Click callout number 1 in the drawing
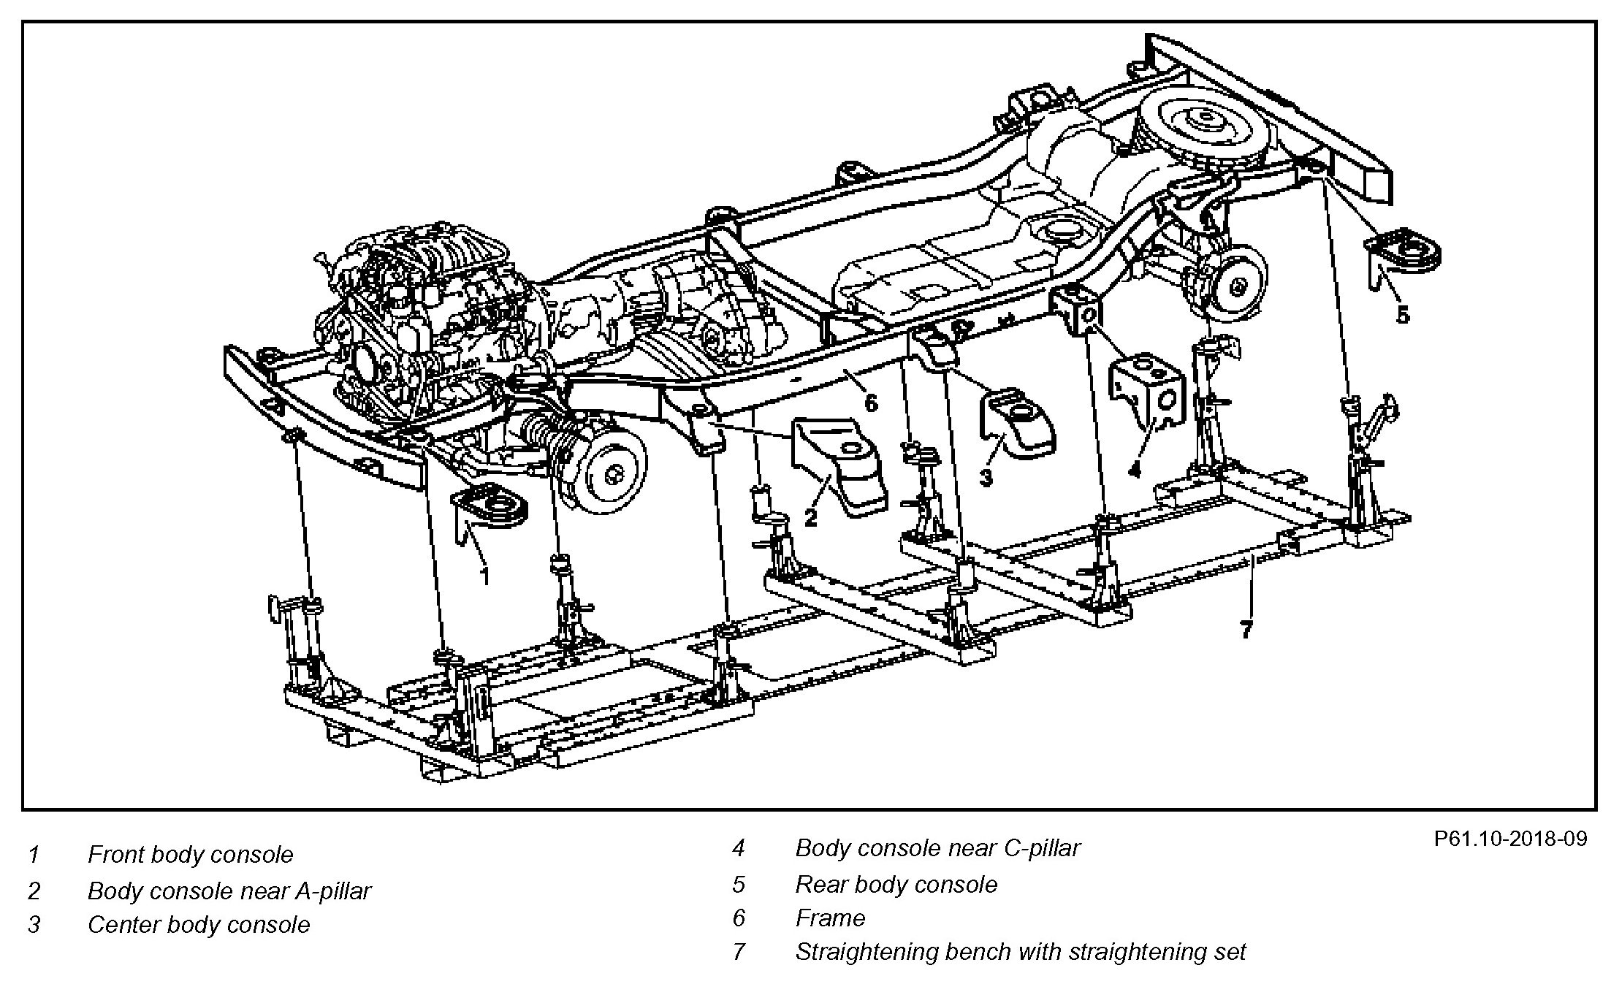click(484, 576)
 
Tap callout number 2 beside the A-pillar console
click(810, 517)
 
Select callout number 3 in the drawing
click(986, 478)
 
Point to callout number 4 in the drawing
click(1134, 469)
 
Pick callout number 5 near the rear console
click(1402, 316)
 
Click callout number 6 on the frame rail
click(871, 403)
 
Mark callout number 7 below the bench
click(1246, 628)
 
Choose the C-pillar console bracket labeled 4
click(1147, 387)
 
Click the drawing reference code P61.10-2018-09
click(1511, 839)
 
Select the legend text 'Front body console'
click(190, 854)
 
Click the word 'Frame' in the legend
click(830, 918)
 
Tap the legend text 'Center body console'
click(199, 925)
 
